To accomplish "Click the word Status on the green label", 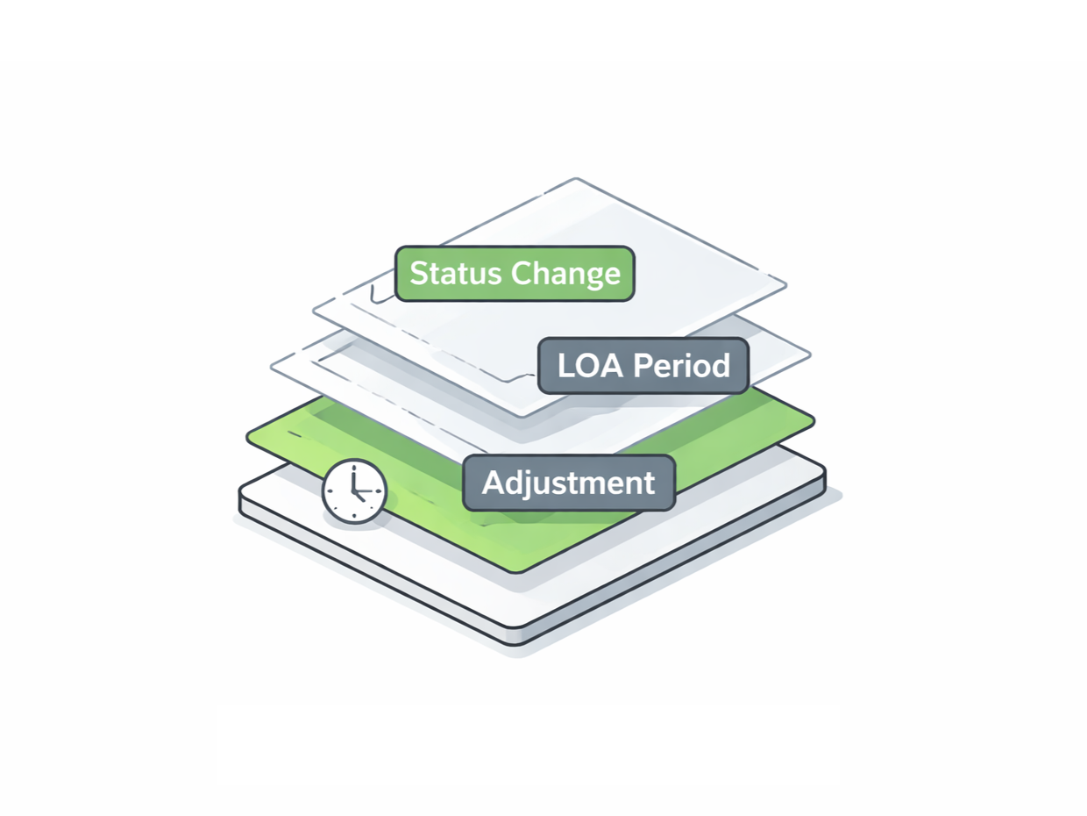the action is click(x=455, y=273).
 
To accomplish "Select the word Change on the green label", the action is click(x=565, y=275).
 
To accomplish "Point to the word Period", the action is click(x=681, y=366).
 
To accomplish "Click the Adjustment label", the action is click(x=569, y=483).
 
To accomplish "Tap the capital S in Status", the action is click(x=419, y=273).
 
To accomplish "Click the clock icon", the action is click(x=354, y=491).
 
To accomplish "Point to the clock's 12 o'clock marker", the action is click(x=354, y=467).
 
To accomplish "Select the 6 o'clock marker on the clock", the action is click(x=354, y=516).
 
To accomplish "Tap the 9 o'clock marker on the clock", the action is click(x=330, y=491).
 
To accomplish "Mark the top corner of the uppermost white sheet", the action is click(x=575, y=178).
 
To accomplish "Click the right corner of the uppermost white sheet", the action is click(x=786, y=285).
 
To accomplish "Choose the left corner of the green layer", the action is click(x=247, y=436).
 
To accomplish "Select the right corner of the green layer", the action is click(x=814, y=420).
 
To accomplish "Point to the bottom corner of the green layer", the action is click(x=516, y=573).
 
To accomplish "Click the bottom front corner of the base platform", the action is click(x=515, y=645).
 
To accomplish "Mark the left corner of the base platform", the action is click(x=239, y=491).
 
